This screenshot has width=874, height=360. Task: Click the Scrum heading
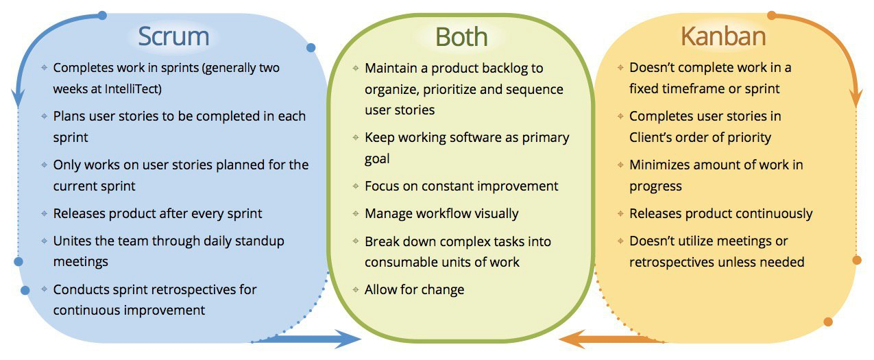tap(173, 36)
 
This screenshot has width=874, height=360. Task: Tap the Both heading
tap(461, 37)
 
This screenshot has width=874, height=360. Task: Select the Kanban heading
tap(723, 36)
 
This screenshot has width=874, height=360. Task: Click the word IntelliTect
tap(133, 89)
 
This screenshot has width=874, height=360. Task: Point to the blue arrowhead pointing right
tap(348, 339)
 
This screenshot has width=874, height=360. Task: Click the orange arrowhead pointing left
tap(572, 339)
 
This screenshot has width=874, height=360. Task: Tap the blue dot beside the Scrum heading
tap(311, 47)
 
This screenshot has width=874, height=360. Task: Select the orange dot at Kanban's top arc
tap(772, 15)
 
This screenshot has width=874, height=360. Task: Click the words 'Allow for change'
tap(414, 290)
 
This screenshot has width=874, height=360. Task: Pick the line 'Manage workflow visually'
tap(441, 213)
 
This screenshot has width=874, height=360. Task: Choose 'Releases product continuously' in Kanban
tap(721, 213)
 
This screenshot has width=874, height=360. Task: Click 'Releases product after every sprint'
tap(158, 213)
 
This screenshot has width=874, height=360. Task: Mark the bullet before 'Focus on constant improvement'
tap(356, 187)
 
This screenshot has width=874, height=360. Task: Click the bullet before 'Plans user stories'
tap(44, 116)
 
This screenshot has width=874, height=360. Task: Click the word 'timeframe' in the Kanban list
tap(693, 88)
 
